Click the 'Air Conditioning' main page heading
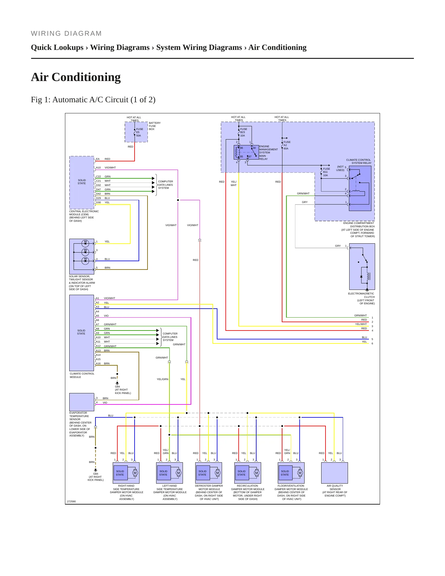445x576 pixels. pyautogui.click(x=76, y=77)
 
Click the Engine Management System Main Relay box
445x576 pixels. pyautogui.click(x=246, y=152)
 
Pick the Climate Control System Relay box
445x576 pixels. pyautogui.click(x=360, y=188)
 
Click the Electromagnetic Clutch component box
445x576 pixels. pyautogui.click(x=362, y=266)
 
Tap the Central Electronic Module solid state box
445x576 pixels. pyautogui.click(x=82, y=183)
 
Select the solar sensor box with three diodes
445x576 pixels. pyautogui.click(x=82, y=256)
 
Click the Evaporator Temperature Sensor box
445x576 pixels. pyautogui.click(x=82, y=402)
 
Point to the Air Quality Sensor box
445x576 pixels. pyautogui.click(x=334, y=473)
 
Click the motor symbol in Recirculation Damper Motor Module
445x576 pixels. pyautogui.click(x=257, y=473)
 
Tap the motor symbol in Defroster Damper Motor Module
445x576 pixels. pyautogui.click(x=217, y=473)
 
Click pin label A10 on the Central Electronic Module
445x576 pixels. pyautogui.click(x=98, y=168)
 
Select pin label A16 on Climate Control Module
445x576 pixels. pyautogui.click(x=98, y=363)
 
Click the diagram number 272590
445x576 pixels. pyautogui.click(x=71, y=501)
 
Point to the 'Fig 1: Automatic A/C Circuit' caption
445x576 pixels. pyautogui.click(x=93, y=100)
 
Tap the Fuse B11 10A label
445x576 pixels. pyautogui.click(x=326, y=172)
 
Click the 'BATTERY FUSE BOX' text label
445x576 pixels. pyautogui.click(x=155, y=126)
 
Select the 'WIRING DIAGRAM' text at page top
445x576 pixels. pyautogui.click(x=66, y=34)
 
